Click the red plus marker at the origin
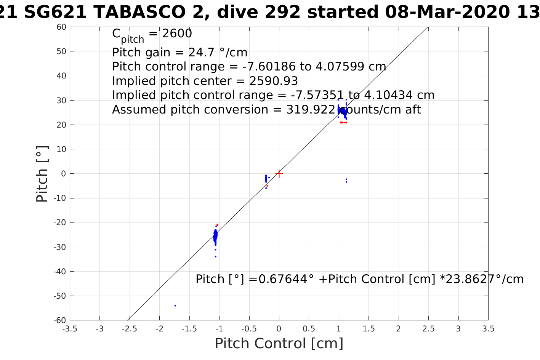279,173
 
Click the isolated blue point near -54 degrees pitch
175,306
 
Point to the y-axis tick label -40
60,272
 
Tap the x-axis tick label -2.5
130,329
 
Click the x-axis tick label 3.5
488,329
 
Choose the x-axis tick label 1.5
369,329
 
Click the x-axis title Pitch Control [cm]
279,344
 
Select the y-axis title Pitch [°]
42,174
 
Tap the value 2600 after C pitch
177,34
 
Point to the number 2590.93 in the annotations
274,81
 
